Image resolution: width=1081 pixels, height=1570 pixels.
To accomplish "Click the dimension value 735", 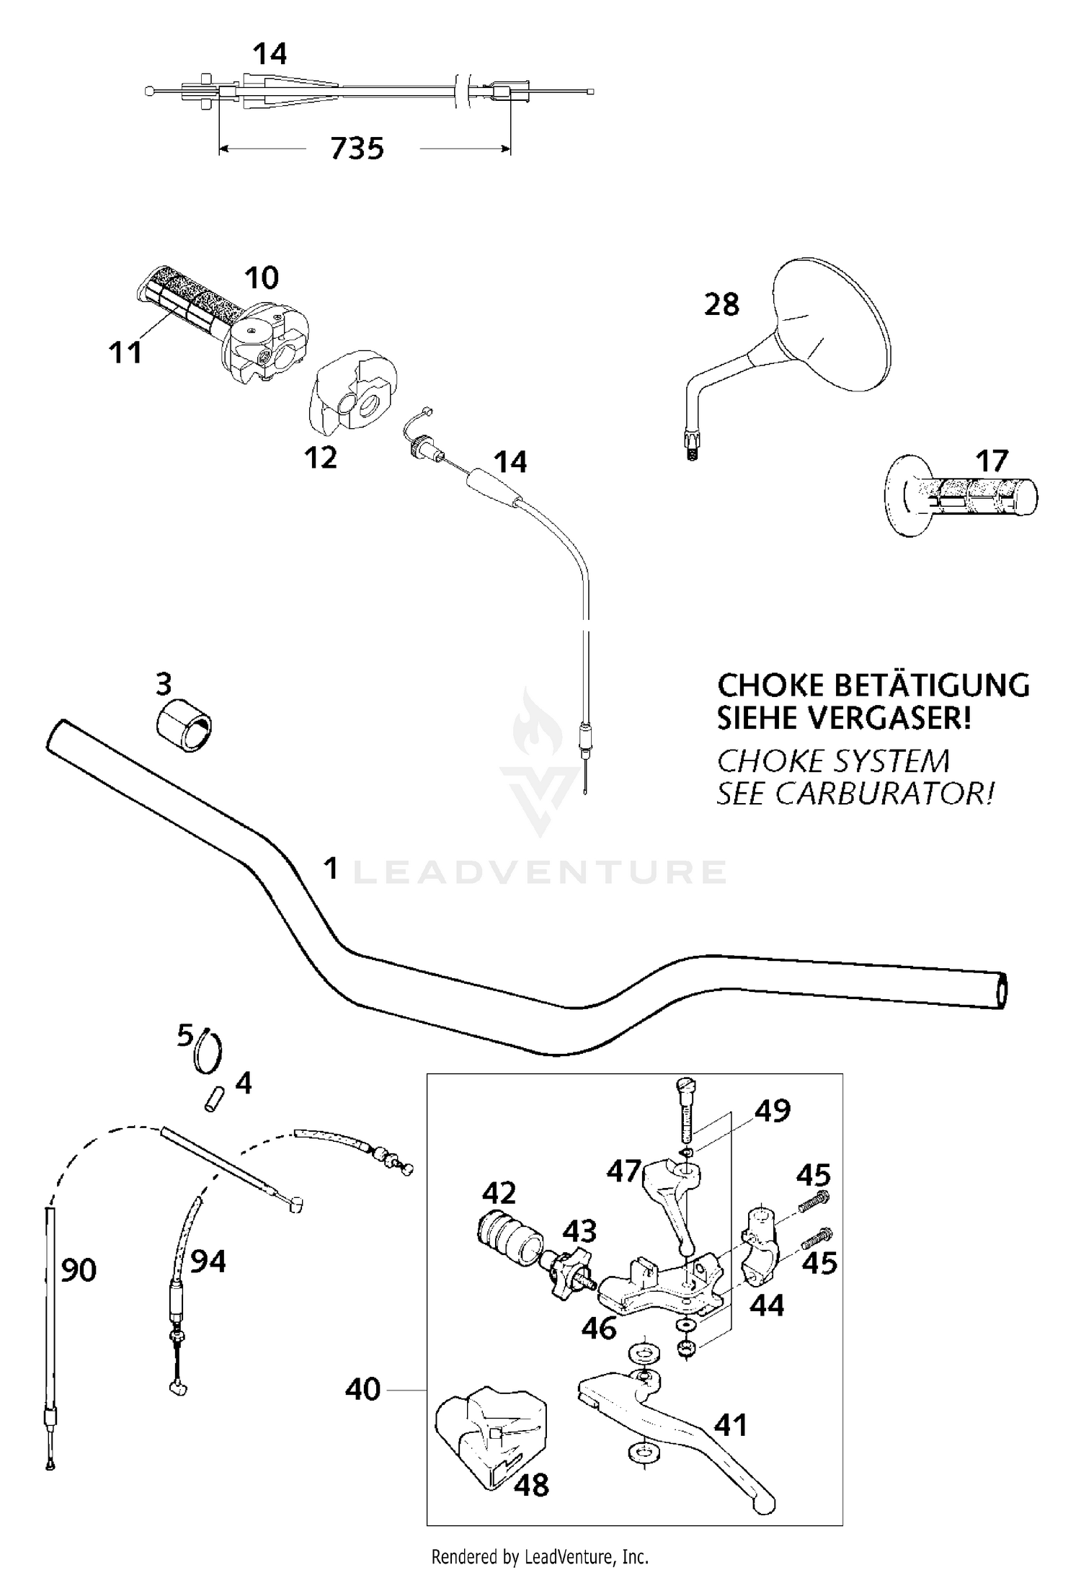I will coord(357,148).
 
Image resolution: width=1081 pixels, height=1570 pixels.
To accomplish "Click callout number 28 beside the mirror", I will coord(721,305).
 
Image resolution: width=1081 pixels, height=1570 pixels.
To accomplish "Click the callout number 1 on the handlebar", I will coord(331,869).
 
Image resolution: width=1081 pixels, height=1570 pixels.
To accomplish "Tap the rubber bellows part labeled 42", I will coord(508,1238).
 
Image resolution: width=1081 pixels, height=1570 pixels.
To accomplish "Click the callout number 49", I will coord(772,1111).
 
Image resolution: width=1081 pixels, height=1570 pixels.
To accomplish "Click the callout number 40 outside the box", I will coord(362,1388).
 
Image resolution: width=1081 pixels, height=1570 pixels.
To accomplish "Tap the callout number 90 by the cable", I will coord(78,1270).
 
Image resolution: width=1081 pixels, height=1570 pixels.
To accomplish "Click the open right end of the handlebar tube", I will coord(1001,990).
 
